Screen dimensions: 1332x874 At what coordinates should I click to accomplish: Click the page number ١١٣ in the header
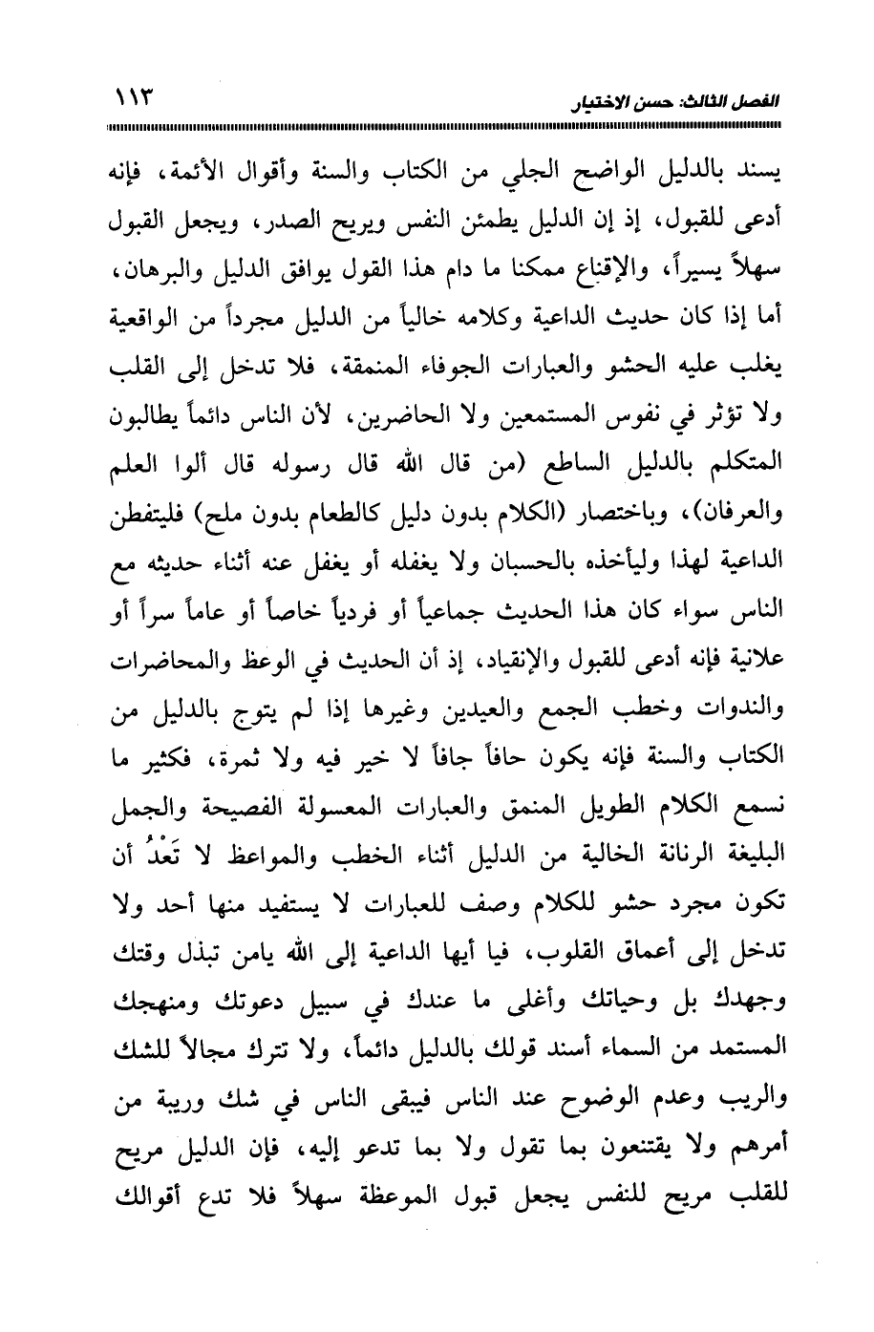pyautogui.click(x=135, y=96)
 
